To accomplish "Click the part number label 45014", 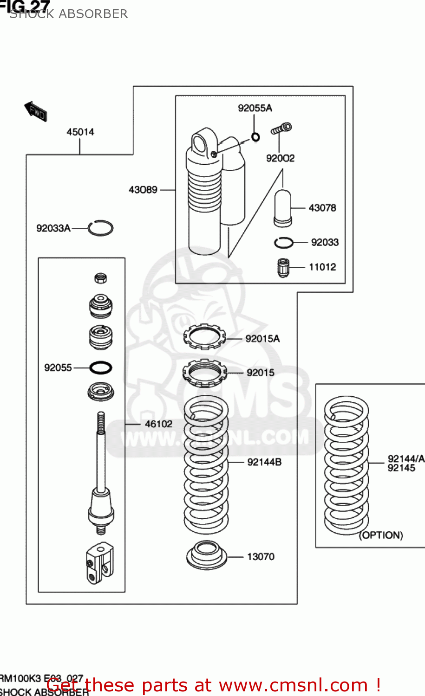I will point(80,132).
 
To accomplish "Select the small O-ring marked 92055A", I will point(255,137).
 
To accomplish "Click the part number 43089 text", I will point(143,190).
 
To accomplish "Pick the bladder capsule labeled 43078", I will point(282,208).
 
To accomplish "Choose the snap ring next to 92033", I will point(283,243).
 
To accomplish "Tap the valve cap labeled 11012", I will point(283,268).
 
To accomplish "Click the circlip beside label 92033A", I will point(101,228).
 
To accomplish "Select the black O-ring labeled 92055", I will point(100,368).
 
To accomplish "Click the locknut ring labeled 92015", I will point(204,372).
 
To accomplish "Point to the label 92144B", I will point(264,462).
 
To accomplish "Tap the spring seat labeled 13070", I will point(207,555).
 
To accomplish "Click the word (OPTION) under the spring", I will point(381,535).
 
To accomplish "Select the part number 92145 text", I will point(401,468).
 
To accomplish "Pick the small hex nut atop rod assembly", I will point(101,278).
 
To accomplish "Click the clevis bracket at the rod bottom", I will point(99,563).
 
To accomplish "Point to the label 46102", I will point(158,424).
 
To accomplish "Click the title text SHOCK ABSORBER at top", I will point(69,14).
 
